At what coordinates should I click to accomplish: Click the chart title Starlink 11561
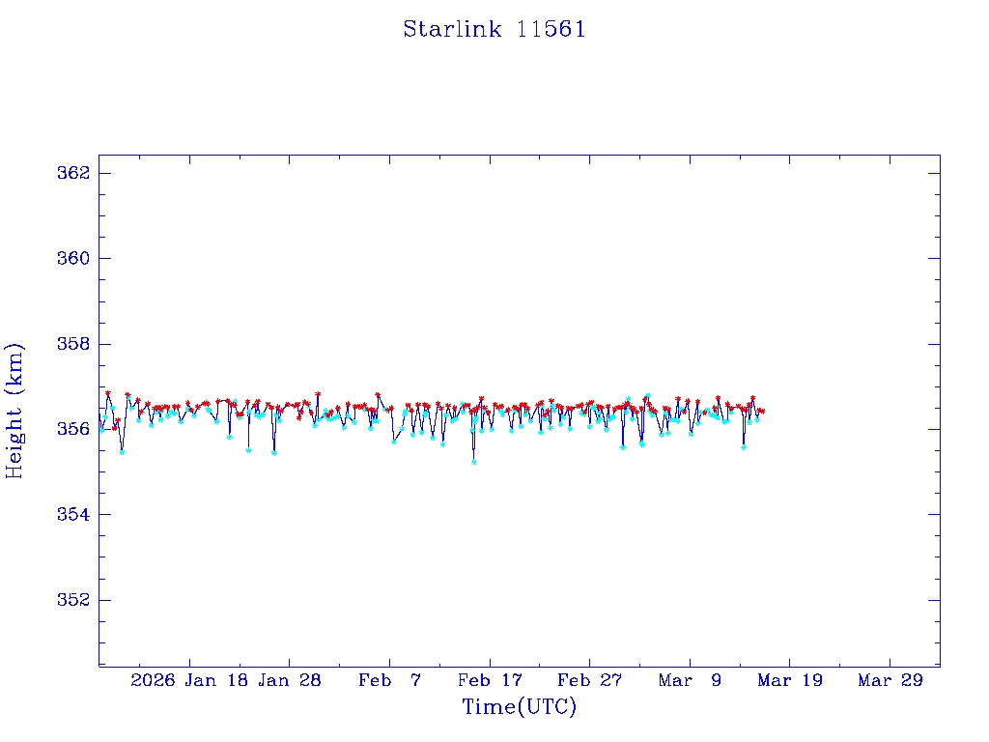(494, 29)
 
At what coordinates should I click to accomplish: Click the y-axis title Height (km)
(14, 410)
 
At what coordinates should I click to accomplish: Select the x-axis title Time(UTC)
(520, 707)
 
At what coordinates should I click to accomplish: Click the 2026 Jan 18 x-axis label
(189, 681)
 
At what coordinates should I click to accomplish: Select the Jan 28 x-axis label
(289, 681)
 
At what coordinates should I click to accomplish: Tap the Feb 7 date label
(389, 681)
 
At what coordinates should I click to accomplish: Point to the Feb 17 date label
(490, 681)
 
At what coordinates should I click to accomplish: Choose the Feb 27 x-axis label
(590, 681)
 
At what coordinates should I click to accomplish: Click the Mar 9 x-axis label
(690, 681)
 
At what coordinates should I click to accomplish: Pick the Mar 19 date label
(790, 681)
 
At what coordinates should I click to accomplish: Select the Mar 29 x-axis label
(890, 681)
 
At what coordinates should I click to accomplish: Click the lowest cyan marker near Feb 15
(473, 462)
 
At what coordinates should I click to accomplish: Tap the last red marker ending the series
(763, 412)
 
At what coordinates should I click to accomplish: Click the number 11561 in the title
(551, 29)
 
